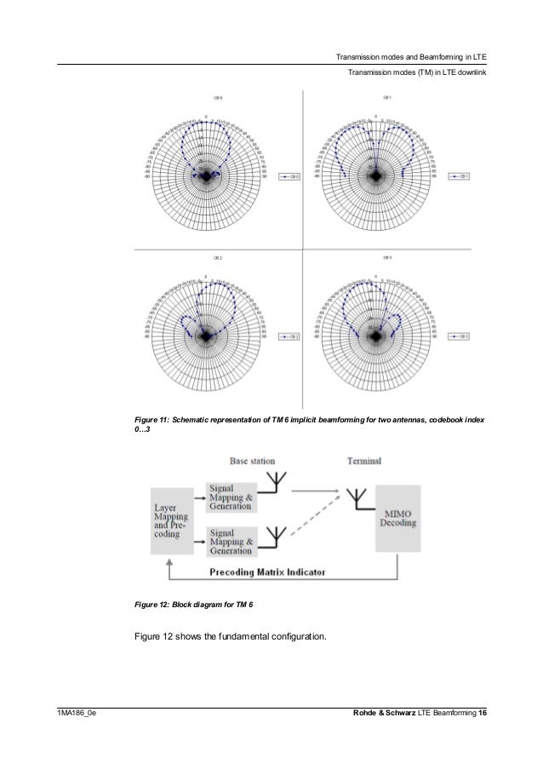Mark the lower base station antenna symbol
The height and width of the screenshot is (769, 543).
(273, 534)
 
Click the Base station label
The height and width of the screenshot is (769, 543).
(252, 461)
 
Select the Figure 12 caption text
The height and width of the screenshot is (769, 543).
(194, 605)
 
